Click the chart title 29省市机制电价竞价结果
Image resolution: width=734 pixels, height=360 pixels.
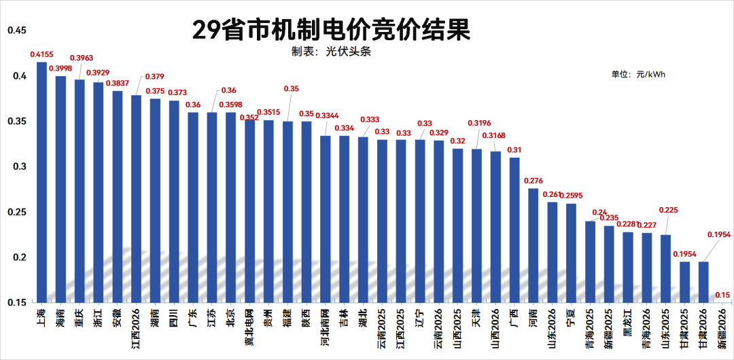point(331,31)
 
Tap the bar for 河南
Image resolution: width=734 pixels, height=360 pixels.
point(534,245)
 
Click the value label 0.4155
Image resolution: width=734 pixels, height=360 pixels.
point(42,54)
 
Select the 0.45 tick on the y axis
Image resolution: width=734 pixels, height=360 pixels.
point(16,31)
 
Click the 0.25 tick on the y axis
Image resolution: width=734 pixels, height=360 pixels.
point(16,212)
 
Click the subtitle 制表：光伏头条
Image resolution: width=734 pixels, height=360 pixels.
point(331,52)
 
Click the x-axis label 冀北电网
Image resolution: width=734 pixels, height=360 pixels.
point(249,330)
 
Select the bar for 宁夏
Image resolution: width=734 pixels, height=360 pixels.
point(571,253)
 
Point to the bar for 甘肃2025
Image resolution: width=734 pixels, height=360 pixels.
point(685,282)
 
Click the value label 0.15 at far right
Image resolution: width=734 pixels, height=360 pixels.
point(723,295)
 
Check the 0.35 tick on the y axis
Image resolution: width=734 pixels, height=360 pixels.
point(16,121)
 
